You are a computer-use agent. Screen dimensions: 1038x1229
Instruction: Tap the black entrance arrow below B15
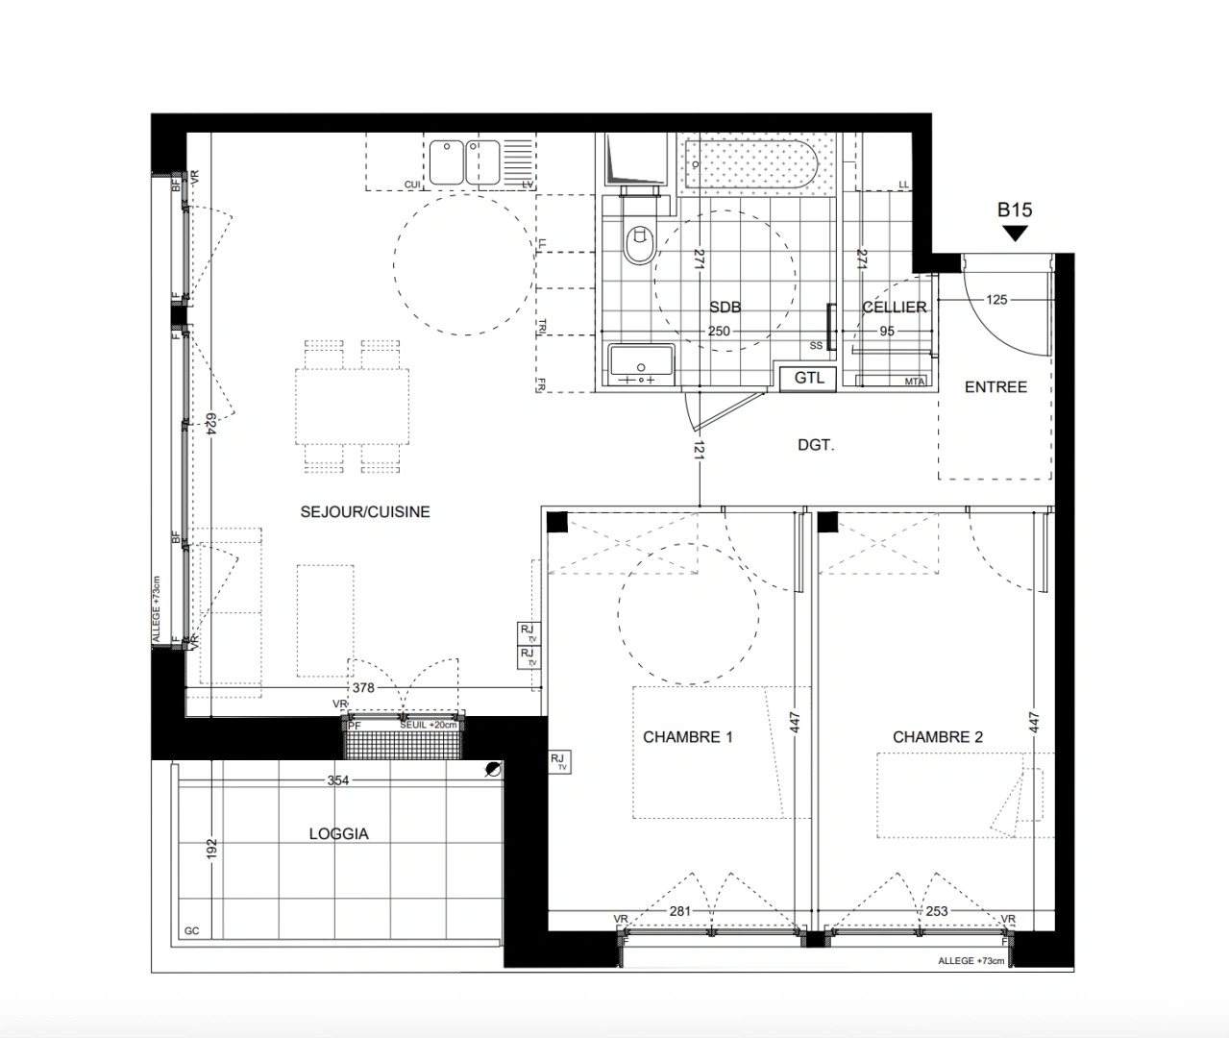pyautogui.click(x=1015, y=234)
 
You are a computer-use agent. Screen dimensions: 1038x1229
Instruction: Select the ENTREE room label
pyautogui.click(x=995, y=386)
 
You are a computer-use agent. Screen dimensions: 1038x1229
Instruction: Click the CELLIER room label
pyautogui.click(x=894, y=308)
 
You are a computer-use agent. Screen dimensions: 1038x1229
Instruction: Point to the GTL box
pyautogui.click(x=809, y=378)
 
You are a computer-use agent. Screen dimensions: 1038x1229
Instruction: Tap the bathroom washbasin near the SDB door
pyautogui.click(x=641, y=365)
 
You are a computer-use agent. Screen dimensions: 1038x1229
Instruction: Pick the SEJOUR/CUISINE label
pyautogui.click(x=365, y=512)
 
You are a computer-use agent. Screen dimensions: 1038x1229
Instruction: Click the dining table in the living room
pyautogui.click(x=352, y=406)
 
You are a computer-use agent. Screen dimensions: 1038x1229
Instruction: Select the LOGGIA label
pyautogui.click(x=338, y=834)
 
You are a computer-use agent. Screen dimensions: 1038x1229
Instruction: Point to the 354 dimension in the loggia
pyautogui.click(x=338, y=780)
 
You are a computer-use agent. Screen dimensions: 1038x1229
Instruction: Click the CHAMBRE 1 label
pyautogui.click(x=688, y=737)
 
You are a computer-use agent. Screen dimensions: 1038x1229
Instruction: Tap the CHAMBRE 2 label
pyautogui.click(x=938, y=737)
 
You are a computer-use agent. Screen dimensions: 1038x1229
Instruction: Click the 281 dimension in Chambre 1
pyautogui.click(x=680, y=911)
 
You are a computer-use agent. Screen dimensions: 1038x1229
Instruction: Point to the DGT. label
pyautogui.click(x=816, y=445)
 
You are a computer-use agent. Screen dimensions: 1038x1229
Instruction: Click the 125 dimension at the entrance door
pyautogui.click(x=996, y=300)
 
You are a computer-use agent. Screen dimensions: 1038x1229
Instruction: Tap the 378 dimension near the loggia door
pyautogui.click(x=362, y=688)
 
